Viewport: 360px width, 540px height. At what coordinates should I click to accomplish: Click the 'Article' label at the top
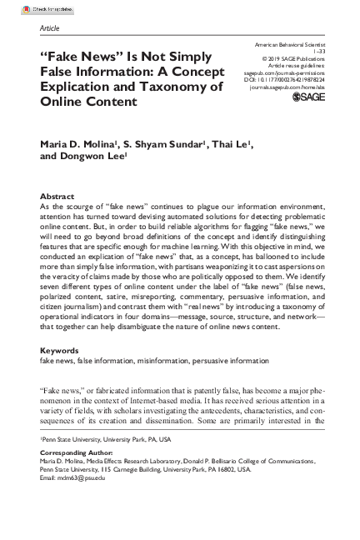(x=49, y=27)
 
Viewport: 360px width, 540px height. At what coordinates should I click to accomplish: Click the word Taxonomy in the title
(x=175, y=86)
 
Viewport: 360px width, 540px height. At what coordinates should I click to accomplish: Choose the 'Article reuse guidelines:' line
(x=292, y=66)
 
